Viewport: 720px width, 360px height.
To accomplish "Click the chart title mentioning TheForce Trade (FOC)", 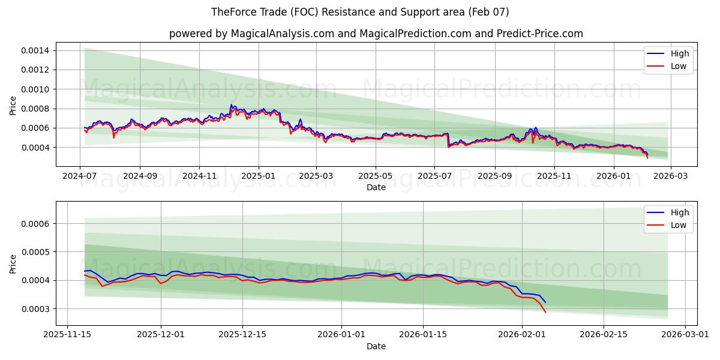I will click(x=360, y=12).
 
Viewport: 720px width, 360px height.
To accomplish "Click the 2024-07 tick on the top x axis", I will click(x=80, y=176).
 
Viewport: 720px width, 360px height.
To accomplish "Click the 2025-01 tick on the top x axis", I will click(x=259, y=176).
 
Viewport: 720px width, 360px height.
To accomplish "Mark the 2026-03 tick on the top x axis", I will click(x=670, y=176).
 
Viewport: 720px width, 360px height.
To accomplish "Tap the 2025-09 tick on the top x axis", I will click(x=495, y=176).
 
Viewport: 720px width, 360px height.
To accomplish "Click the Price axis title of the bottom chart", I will click(x=13, y=263).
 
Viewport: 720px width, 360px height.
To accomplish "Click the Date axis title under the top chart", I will click(x=376, y=187).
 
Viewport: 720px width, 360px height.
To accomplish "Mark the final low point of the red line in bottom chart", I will click(x=545, y=312).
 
